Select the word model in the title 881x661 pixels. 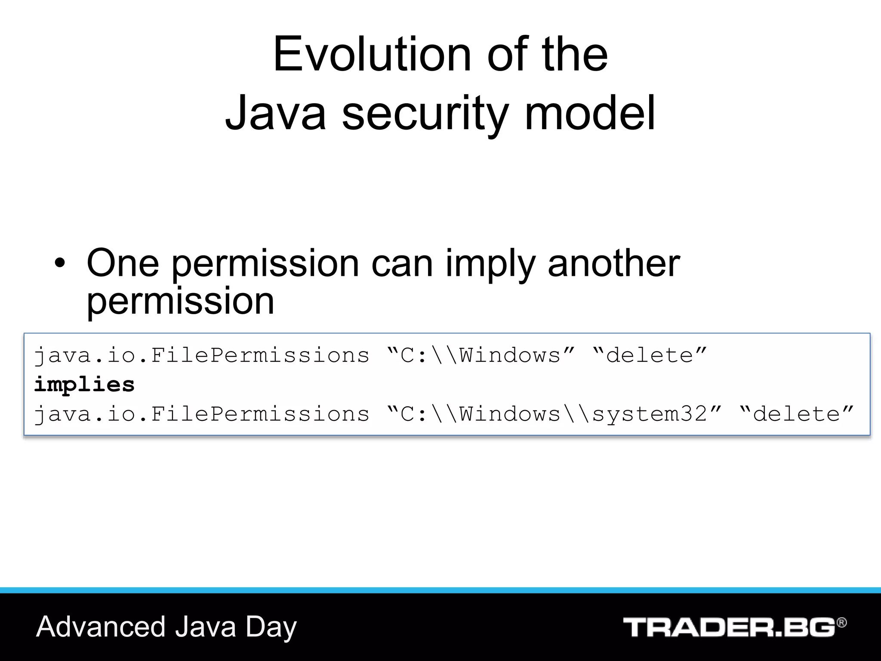pyautogui.click(x=589, y=113)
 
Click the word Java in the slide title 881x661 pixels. pyautogui.click(x=275, y=113)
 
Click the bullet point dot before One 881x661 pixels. pyautogui.click(x=60, y=263)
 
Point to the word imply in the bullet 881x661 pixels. pyautogui.click(x=490, y=263)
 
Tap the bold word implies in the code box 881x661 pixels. pyautogui.click(x=84, y=384)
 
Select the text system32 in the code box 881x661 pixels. pyautogui.click(x=650, y=414)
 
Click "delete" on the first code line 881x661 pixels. pyautogui.click(x=650, y=355)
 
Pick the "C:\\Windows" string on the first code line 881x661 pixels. pyautogui.click(x=481, y=355)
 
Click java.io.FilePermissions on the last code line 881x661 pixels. pyautogui.click(x=201, y=414)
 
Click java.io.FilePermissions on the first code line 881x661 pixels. pyautogui.click(x=201, y=355)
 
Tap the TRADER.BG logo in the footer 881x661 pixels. pyautogui.click(x=729, y=627)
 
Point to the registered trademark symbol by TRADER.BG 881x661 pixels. pyautogui.click(x=841, y=623)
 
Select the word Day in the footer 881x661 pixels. pyautogui.click(x=271, y=627)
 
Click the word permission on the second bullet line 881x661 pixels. pyautogui.click(x=180, y=301)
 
